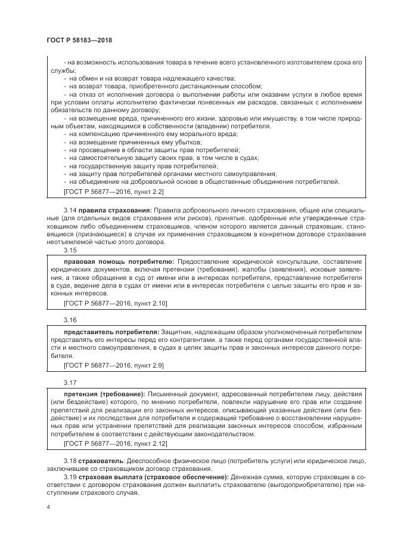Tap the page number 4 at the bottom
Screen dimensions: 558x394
[x=48, y=507]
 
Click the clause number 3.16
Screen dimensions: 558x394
[x=70, y=320]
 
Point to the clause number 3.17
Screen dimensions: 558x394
[x=70, y=382]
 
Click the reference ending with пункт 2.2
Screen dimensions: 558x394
[x=113, y=192]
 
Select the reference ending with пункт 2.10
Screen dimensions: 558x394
[x=115, y=303]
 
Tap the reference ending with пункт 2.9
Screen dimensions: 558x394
[x=113, y=365]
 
